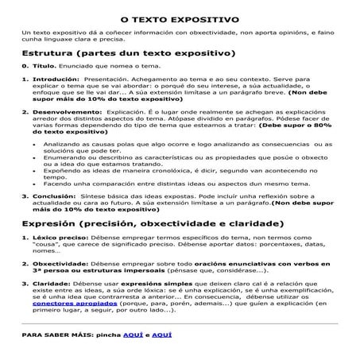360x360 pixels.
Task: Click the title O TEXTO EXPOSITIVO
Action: (179, 15)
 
